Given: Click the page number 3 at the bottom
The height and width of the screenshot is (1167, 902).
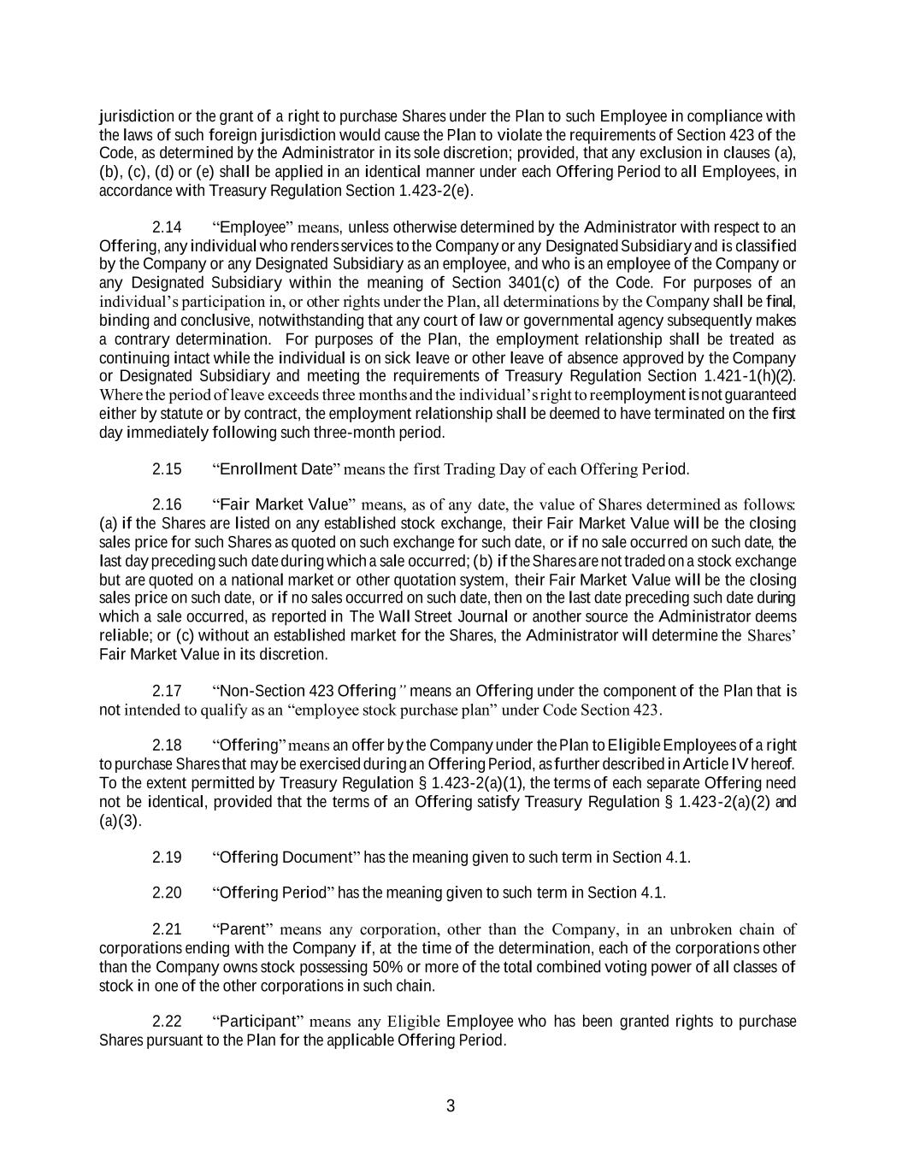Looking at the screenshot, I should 451,1106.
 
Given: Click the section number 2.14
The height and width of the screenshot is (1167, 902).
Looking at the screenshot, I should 167,227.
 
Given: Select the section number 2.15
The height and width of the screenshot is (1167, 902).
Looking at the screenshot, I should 167,469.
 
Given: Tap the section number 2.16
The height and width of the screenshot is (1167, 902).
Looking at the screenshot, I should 167,504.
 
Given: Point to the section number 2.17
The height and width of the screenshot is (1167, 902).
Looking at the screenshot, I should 167,691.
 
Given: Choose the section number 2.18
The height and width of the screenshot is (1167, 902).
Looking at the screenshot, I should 167,746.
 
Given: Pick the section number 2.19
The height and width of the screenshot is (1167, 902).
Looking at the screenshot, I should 167,858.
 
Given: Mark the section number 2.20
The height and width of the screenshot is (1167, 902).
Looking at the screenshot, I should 167,893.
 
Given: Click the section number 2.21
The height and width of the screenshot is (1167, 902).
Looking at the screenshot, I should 167,929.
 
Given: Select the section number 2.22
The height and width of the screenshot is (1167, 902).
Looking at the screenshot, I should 167,1022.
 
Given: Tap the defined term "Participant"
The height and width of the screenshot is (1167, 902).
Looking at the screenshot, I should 258,1022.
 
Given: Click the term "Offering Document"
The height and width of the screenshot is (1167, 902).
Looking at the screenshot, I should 286,858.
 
